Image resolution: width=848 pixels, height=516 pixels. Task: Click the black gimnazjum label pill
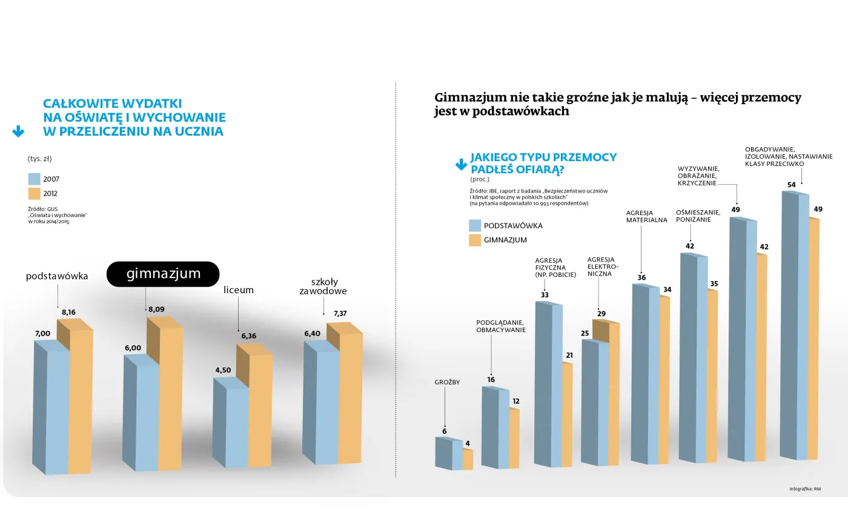[x=163, y=274]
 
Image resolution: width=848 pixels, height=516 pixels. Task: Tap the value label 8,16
[x=68, y=313]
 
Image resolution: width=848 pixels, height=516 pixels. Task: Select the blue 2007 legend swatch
[x=34, y=179]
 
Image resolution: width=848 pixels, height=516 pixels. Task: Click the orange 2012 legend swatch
[x=34, y=194]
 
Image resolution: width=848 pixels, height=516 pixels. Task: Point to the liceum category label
[x=239, y=290]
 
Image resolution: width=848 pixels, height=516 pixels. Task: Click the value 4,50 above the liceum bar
[x=223, y=370]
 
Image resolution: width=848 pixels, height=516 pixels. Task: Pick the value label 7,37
[x=340, y=313]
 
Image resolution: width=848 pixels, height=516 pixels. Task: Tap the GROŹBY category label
[x=447, y=382]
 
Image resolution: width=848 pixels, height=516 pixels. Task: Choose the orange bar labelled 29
[x=613, y=394]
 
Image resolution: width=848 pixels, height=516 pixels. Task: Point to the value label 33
[x=545, y=295]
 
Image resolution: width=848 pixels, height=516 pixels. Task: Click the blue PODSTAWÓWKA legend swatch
[x=475, y=226]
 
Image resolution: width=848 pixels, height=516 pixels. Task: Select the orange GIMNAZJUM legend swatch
[x=475, y=240]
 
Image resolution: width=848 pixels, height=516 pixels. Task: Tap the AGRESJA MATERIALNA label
[x=646, y=216]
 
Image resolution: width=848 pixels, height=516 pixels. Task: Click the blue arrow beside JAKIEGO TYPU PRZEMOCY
[x=461, y=164]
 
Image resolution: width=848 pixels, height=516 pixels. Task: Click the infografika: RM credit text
[x=805, y=489]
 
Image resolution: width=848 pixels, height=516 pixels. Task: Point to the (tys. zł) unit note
[x=40, y=159]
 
